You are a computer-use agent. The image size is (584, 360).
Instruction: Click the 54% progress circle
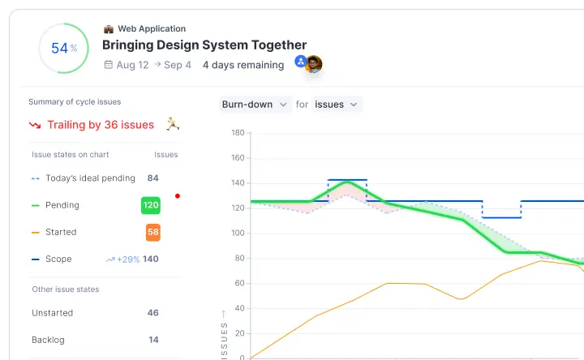[x=64, y=48]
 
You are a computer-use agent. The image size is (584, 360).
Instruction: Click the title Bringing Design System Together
[x=204, y=45]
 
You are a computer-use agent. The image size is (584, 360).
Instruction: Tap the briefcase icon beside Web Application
[x=109, y=29]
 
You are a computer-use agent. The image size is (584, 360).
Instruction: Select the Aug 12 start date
[x=132, y=65]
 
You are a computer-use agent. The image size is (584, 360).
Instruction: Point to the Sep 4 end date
[x=178, y=65]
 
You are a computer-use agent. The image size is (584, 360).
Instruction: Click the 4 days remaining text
[x=243, y=65]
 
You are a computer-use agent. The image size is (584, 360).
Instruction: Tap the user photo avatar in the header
[x=313, y=64]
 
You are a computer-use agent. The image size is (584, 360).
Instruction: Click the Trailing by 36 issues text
[x=101, y=125]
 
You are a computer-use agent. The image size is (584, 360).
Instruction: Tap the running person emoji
[x=172, y=124]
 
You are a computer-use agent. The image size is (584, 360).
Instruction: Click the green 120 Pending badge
[x=151, y=205]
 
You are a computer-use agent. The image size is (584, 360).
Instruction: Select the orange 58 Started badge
[x=153, y=232]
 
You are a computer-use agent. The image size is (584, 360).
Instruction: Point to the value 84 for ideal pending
[x=153, y=178]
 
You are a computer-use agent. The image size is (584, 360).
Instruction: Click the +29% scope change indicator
[x=122, y=259]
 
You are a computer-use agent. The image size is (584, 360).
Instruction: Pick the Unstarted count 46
[x=153, y=313]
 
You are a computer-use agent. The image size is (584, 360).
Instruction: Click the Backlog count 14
[x=153, y=340]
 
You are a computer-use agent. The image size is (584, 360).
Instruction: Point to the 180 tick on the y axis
[x=238, y=132]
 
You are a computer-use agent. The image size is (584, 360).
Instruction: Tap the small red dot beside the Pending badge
[x=178, y=195]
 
